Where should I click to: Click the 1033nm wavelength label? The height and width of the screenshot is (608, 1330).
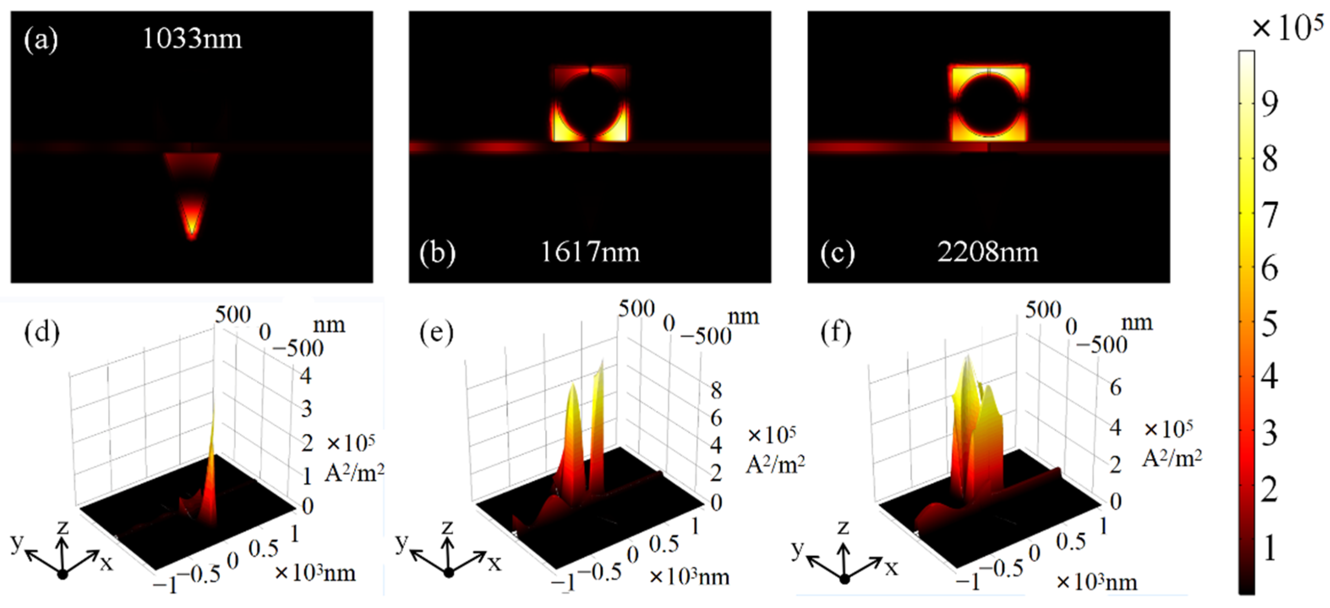click(x=191, y=39)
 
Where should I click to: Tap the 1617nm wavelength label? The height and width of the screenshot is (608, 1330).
click(x=590, y=252)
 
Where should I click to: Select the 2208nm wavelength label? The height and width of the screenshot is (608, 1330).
click(x=987, y=252)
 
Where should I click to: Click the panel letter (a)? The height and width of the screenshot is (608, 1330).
click(x=41, y=40)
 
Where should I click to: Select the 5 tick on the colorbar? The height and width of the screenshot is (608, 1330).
click(x=1270, y=324)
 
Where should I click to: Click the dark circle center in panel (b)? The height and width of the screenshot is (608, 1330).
click(x=590, y=103)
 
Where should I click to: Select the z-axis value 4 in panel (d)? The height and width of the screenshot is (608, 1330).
click(x=306, y=375)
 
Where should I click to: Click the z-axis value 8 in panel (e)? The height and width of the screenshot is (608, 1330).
click(x=716, y=390)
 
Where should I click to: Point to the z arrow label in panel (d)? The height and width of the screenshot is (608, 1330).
click(x=63, y=527)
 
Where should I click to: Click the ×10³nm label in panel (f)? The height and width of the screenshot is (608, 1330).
click(x=1097, y=582)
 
